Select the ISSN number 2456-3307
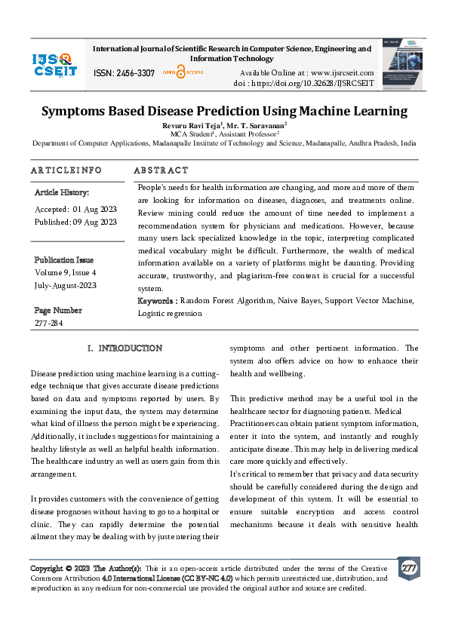coord(124,73)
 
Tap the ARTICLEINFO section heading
coord(66,170)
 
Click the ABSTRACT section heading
coord(161,170)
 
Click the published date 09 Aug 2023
coord(96,222)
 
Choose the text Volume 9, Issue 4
coord(66,271)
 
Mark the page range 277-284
coord(50,323)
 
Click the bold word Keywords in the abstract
coord(156,301)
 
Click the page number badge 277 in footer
coord(408,567)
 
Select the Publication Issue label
coord(64,258)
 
